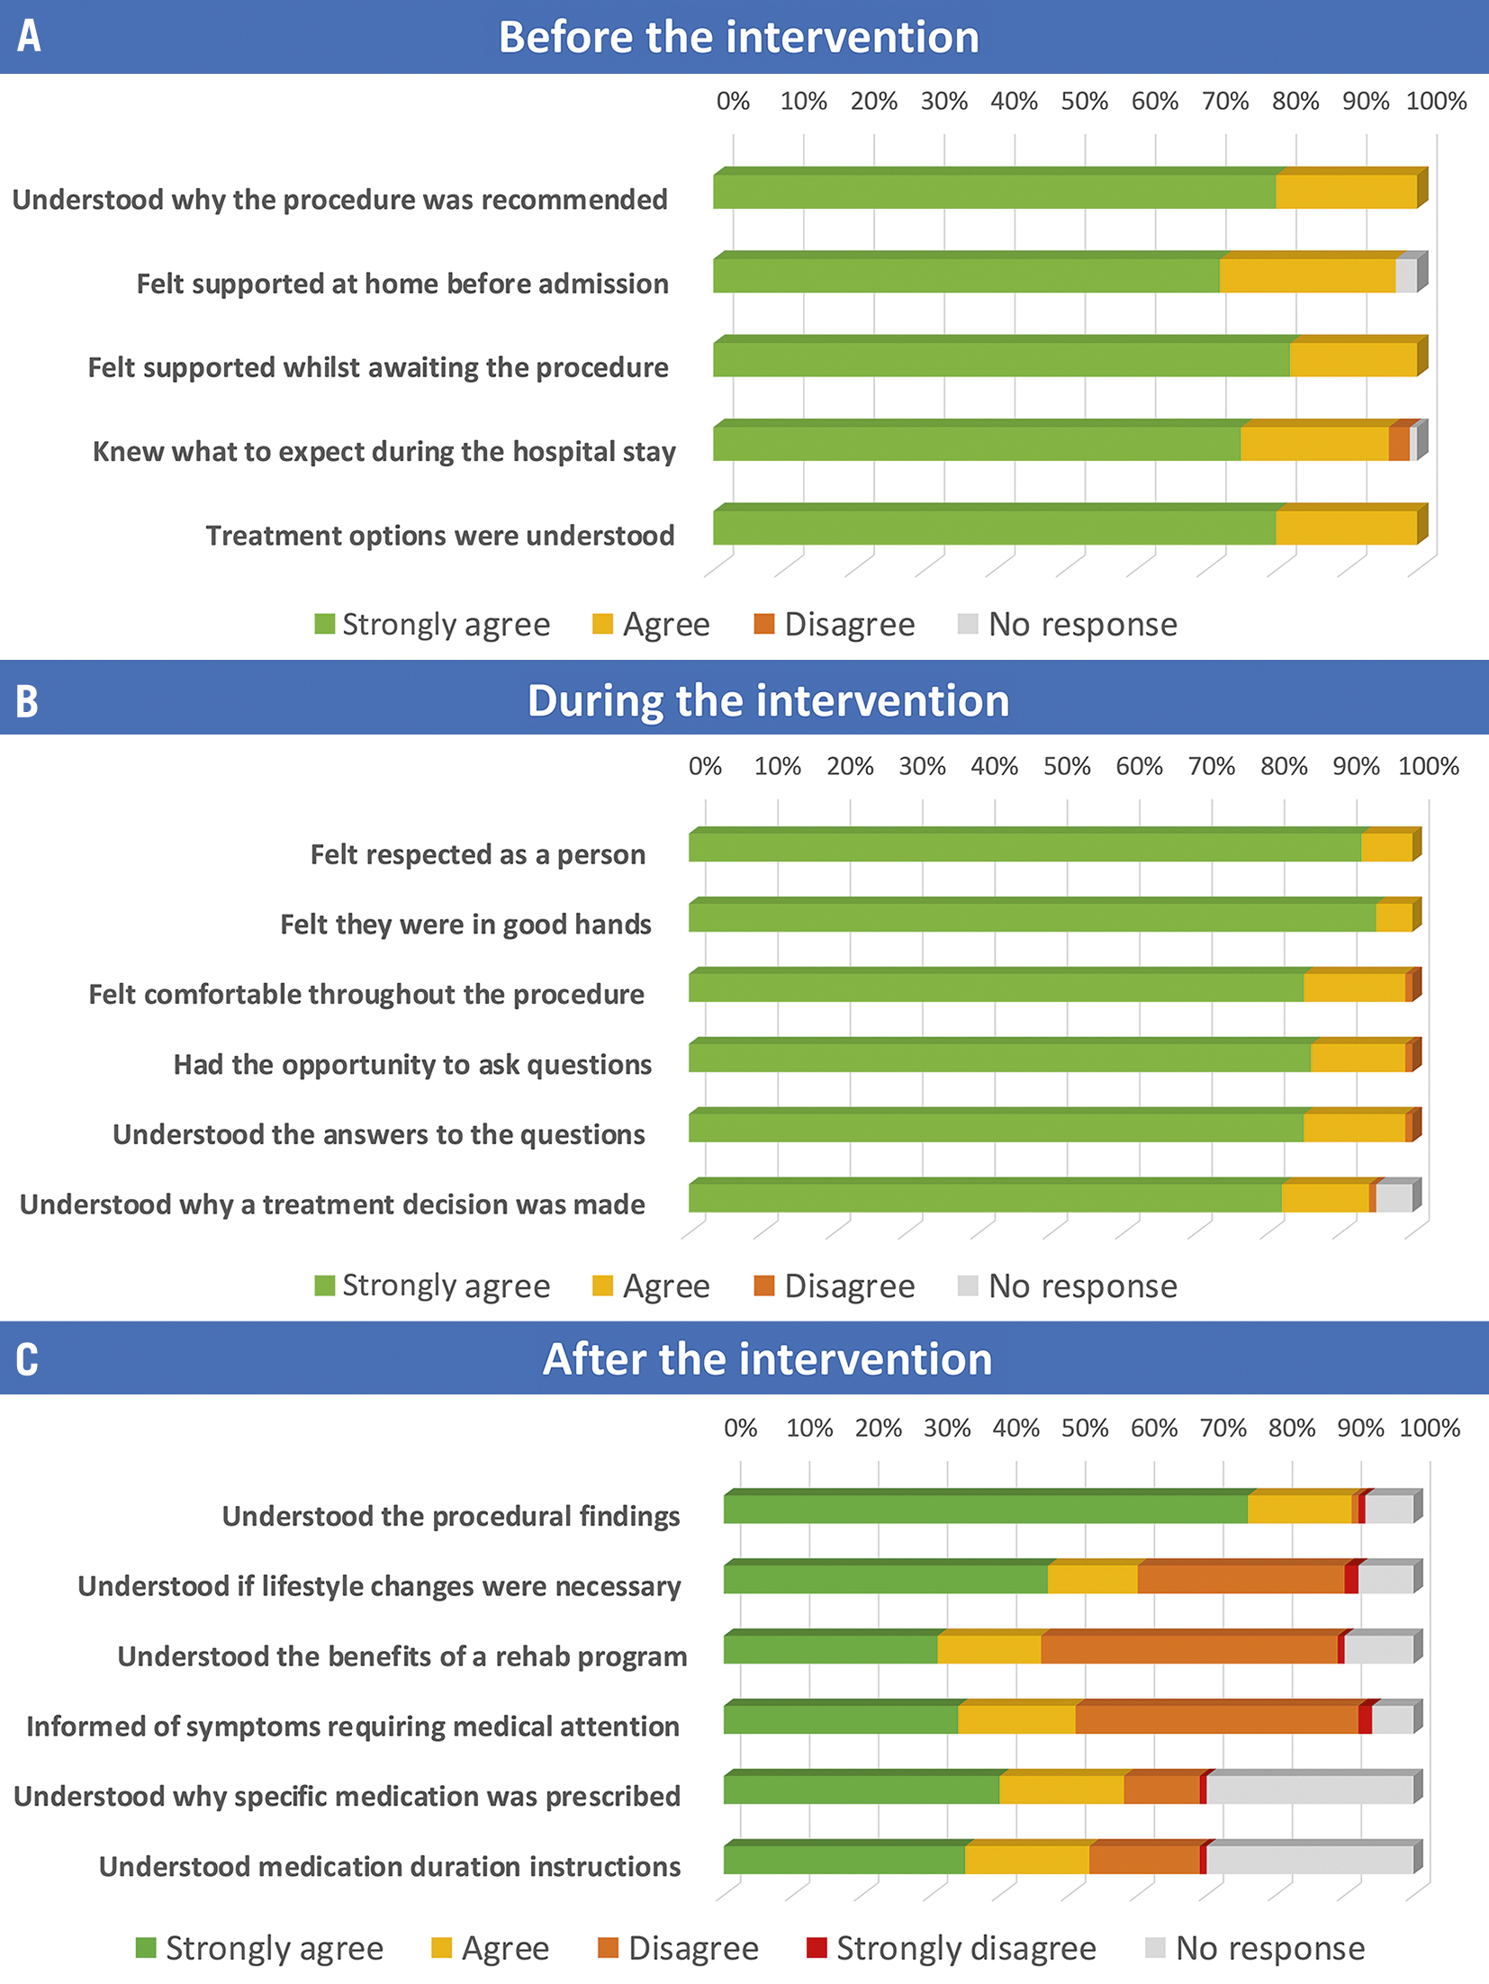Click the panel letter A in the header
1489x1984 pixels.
29,36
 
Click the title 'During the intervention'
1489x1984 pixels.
768,700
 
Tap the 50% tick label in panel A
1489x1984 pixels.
1084,101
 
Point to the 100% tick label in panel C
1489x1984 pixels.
1430,1428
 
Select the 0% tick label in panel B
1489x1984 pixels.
705,766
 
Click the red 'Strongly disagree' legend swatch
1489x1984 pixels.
817,1947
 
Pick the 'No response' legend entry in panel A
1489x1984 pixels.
1068,625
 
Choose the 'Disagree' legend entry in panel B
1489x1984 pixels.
835,1285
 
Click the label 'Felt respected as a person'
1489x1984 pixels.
477,854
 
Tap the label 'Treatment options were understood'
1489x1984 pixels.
439,536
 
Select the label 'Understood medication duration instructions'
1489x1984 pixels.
389,1866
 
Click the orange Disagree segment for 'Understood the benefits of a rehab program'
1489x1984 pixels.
1188,1649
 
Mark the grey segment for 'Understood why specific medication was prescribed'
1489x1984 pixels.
1309,1790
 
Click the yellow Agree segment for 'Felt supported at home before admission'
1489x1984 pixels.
1307,275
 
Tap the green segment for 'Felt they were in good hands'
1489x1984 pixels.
1032,918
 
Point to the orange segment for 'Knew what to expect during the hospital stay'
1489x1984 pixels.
1398,444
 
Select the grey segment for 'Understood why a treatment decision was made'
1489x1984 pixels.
1394,1198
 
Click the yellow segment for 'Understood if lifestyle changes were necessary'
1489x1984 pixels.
1092,1579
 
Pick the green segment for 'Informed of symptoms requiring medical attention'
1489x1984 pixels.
840,1719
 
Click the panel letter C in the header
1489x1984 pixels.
27,1358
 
